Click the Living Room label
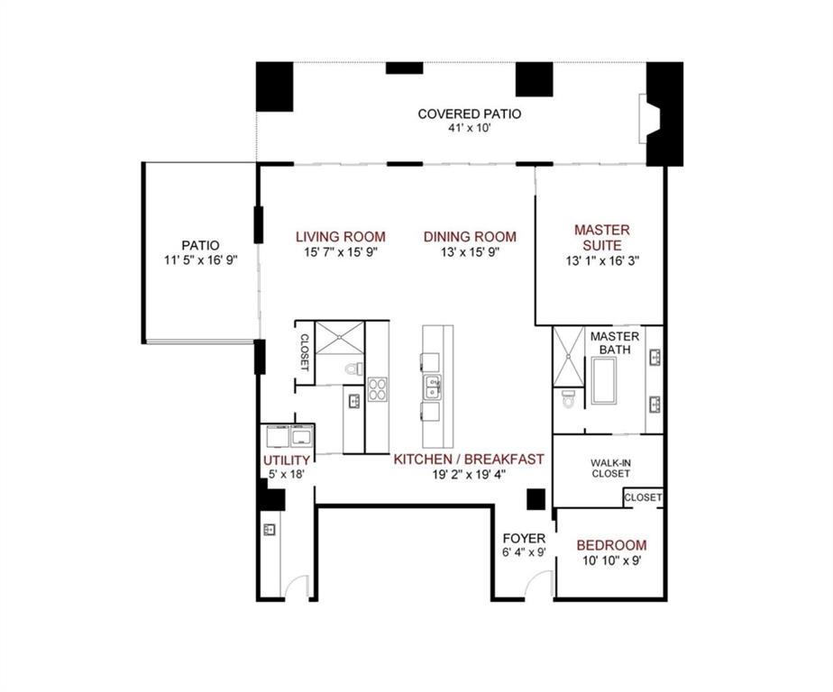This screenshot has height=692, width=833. tap(340, 237)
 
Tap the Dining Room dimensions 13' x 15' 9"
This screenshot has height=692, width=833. tap(470, 252)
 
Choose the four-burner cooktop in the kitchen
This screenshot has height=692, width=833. tap(377, 390)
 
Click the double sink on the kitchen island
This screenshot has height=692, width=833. tap(434, 387)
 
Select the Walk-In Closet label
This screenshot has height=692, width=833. tap(610, 468)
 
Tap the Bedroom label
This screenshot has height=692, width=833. tap(611, 545)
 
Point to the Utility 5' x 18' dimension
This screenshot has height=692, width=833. tap(287, 475)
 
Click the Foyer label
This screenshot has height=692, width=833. tap(524, 538)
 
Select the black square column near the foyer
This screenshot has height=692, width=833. tap(536, 498)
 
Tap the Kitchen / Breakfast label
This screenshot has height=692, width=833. tap(469, 459)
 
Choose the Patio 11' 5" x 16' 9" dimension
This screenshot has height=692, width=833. tap(200, 261)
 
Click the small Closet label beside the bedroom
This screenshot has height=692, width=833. tap(643, 497)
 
